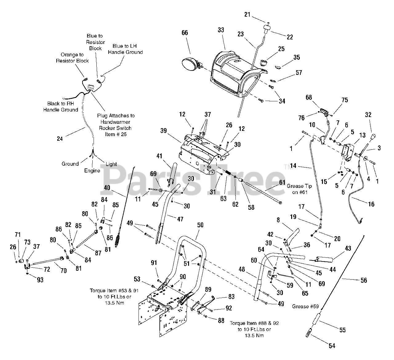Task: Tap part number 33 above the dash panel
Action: [x=221, y=30]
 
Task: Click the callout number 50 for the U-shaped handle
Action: [x=200, y=225]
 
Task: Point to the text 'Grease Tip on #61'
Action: [x=299, y=189]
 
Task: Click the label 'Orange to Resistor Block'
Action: [x=72, y=58]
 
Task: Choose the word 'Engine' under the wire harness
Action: [x=92, y=171]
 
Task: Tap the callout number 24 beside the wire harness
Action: [x=60, y=139]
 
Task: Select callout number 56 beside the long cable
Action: [x=364, y=280]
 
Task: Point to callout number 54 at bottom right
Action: [x=332, y=346]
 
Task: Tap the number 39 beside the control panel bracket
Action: [x=163, y=131]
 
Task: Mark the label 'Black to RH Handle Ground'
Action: [x=60, y=107]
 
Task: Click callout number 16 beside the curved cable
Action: [x=371, y=204]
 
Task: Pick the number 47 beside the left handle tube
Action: [x=180, y=219]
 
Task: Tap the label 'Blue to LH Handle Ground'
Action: [x=125, y=49]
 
